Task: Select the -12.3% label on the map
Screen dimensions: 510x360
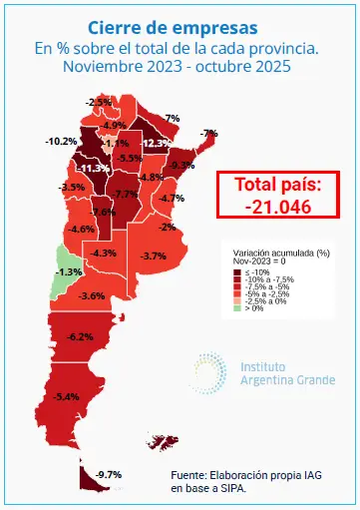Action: coord(155,144)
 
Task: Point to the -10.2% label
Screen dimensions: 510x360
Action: coord(62,141)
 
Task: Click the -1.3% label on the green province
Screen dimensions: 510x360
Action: coord(69,271)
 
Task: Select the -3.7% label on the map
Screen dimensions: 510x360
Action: coord(153,256)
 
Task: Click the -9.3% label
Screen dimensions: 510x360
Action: coord(181,165)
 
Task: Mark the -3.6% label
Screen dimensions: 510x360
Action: coord(92,296)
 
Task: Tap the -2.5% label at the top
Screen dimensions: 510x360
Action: coord(99,102)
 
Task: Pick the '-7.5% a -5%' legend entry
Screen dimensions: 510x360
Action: coord(263,286)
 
